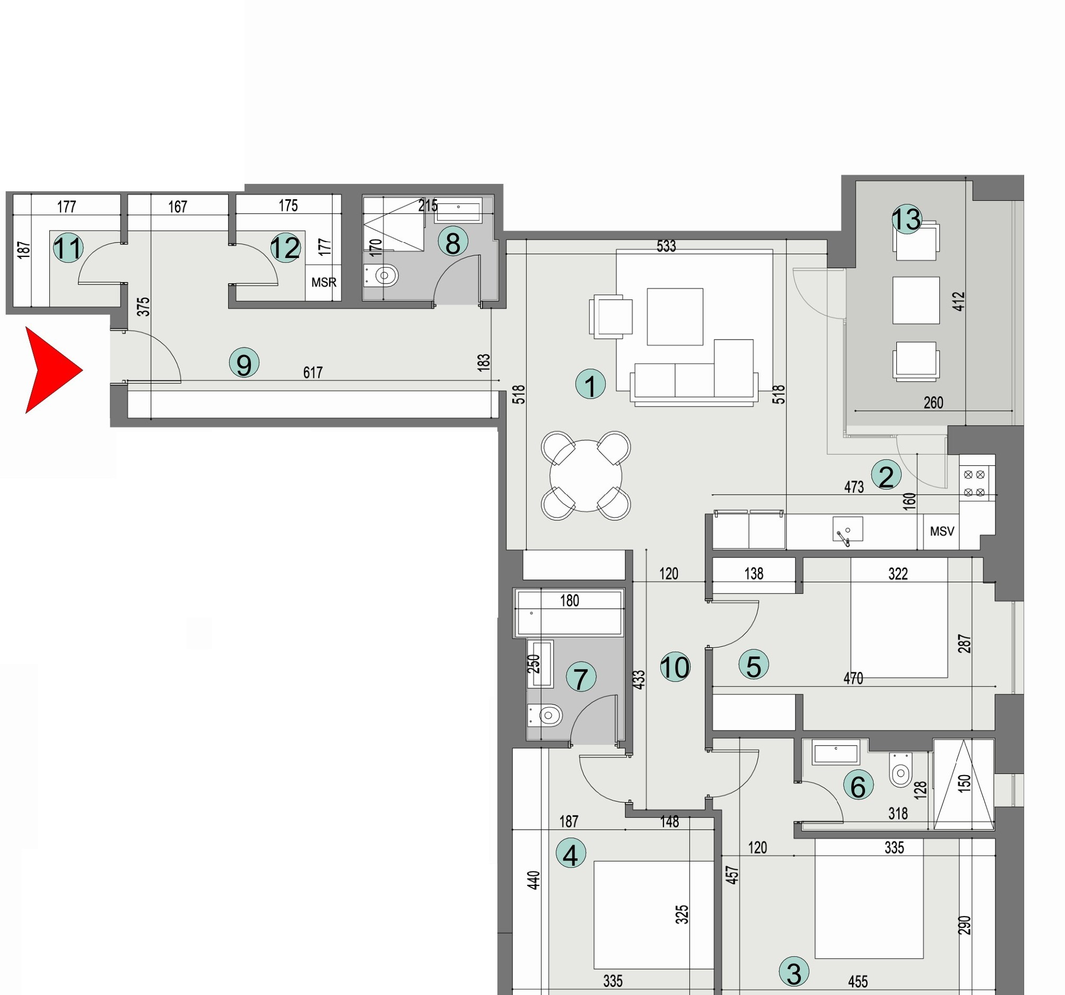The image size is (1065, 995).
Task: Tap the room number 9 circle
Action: [x=245, y=363]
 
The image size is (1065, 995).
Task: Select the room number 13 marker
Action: [x=906, y=219]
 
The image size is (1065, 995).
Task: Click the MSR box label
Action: [x=324, y=282]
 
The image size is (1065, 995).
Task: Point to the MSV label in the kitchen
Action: [x=942, y=531]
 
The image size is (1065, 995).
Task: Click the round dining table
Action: [x=586, y=475]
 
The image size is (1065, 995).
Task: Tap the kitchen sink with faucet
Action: [x=848, y=531]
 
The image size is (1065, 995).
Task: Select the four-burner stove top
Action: [x=974, y=483]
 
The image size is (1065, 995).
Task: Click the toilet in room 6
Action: [x=901, y=771]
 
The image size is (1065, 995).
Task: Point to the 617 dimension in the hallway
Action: [x=313, y=372]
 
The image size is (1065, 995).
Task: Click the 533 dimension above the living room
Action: [x=667, y=246]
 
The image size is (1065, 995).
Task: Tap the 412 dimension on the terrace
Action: [x=959, y=301]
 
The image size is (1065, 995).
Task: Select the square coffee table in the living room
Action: [x=675, y=317]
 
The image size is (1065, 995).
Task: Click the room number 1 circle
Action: [x=590, y=384]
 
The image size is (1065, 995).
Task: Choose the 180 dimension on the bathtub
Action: [x=570, y=600]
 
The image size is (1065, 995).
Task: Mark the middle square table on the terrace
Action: [x=916, y=300]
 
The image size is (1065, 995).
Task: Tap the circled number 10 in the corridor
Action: [x=675, y=667]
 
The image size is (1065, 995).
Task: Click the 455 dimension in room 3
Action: [x=858, y=982]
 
